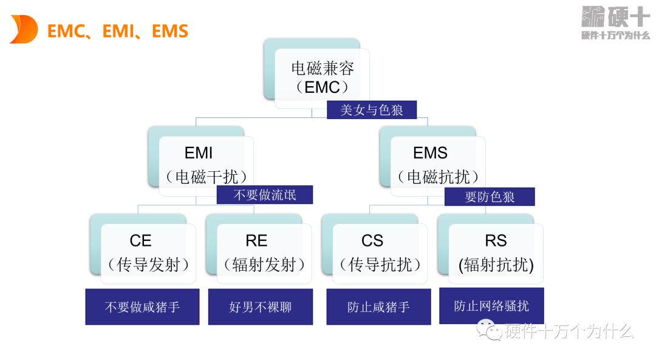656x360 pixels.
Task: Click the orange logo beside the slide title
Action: click(x=24, y=30)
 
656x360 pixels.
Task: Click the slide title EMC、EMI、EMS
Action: click(x=118, y=31)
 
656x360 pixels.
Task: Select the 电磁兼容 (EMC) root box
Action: click(x=321, y=77)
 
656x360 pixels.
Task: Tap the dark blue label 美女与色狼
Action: click(x=372, y=110)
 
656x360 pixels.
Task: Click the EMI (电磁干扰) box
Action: click(x=206, y=165)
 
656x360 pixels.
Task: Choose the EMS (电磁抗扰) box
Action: click(x=437, y=165)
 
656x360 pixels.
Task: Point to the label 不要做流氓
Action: click(x=265, y=195)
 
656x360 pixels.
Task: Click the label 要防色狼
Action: click(x=490, y=197)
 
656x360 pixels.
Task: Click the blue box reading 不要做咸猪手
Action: click(x=142, y=307)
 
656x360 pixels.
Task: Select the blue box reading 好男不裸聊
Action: click(x=261, y=307)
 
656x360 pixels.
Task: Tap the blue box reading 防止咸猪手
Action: click(x=378, y=307)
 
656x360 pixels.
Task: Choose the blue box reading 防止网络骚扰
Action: click(x=491, y=305)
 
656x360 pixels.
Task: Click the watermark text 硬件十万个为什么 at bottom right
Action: click(x=569, y=331)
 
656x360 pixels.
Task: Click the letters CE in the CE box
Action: click(x=140, y=241)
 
